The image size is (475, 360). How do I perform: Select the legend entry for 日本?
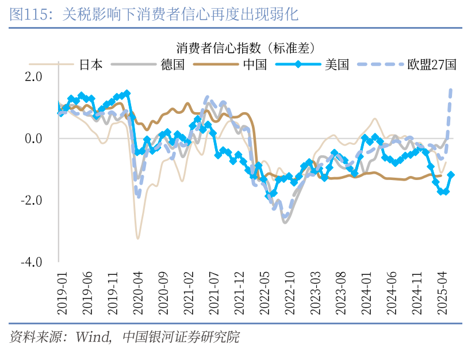click(x=91, y=64)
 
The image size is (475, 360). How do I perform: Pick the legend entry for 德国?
click(x=173, y=64)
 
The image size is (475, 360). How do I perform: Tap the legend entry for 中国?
click(x=255, y=64)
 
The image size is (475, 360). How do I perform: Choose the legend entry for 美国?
click(x=336, y=64)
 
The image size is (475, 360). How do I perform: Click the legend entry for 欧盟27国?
click(x=431, y=64)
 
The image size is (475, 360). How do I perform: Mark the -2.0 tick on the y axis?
click(x=30, y=200)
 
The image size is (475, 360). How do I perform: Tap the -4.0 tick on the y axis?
click(x=30, y=262)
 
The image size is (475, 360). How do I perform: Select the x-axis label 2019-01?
click(x=62, y=293)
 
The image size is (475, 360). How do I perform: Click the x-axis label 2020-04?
click(x=138, y=293)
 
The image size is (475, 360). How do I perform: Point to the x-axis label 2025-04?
click(x=442, y=293)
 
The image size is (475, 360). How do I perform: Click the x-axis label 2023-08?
click(x=340, y=293)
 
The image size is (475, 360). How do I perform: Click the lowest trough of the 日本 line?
click(x=137, y=238)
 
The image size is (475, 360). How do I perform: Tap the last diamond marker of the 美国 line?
click(x=451, y=175)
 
